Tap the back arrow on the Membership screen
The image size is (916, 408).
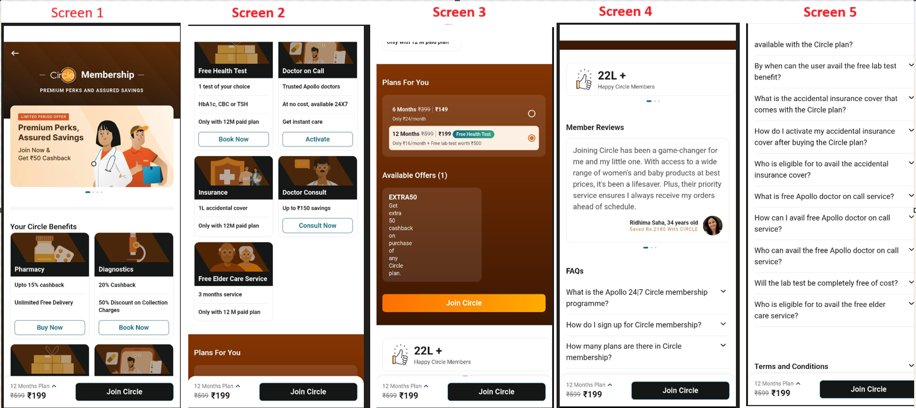click(x=15, y=53)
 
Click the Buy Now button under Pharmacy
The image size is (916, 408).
click(x=50, y=327)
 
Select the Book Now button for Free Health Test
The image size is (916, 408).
click(x=234, y=139)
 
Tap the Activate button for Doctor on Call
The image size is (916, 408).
click(x=317, y=139)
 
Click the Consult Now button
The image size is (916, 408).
click(x=317, y=225)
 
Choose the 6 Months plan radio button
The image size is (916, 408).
click(x=532, y=114)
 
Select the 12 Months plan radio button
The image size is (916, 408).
click(x=532, y=138)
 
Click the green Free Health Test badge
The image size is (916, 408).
click(x=474, y=134)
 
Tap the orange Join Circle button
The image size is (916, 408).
click(x=464, y=303)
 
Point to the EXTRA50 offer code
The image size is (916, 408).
click(x=403, y=197)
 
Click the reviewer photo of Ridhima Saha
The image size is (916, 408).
click(x=713, y=225)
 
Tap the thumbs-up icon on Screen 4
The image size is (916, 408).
click(x=584, y=80)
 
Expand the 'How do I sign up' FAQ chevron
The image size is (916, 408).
click(x=723, y=324)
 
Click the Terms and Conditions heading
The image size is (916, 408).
click(x=791, y=366)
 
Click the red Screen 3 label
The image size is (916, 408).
click(x=459, y=12)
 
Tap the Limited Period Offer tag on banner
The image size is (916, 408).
click(x=44, y=116)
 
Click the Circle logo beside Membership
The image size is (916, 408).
click(x=63, y=75)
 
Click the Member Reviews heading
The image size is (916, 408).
click(x=595, y=128)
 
